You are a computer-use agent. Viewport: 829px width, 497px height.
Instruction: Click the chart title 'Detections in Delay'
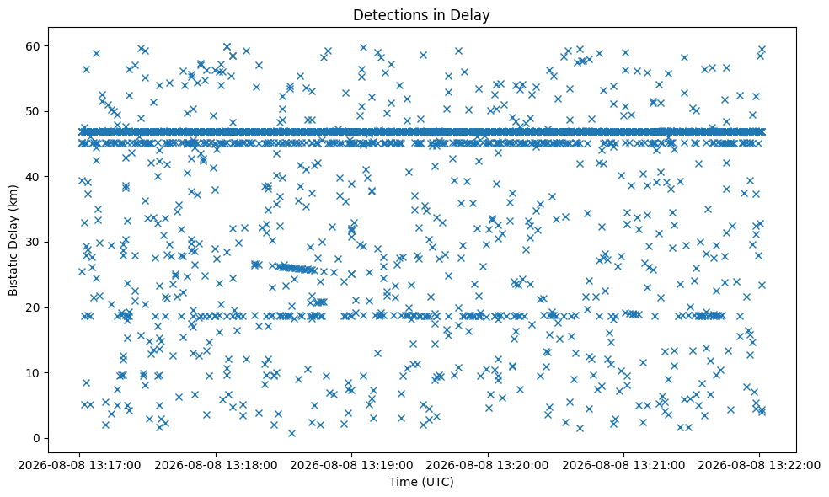[x=421, y=15]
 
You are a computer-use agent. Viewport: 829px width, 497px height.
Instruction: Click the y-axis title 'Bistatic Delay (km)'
[x=13, y=240]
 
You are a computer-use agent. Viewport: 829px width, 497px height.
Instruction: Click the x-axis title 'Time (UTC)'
[x=421, y=482]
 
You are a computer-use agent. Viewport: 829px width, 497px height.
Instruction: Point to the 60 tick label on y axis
[x=34, y=46]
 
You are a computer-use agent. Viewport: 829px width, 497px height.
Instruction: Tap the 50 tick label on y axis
[x=34, y=111]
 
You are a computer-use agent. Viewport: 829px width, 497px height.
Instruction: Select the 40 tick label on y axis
[x=34, y=177]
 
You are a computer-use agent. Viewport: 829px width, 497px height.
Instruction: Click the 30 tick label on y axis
[x=34, y=242]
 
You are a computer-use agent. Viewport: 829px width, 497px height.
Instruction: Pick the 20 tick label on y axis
[x=34, y=307]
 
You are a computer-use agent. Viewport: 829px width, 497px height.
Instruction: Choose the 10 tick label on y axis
[x=34, y=372]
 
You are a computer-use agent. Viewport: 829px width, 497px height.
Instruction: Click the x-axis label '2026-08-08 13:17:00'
[x=79, y=466]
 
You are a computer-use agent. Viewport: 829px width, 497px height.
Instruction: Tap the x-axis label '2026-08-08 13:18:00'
[x=216, y=466]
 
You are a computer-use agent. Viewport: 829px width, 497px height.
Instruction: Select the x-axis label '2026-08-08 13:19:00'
[x=351, y=466]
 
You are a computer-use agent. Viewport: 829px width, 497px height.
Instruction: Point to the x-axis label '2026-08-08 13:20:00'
[x=488, y=466]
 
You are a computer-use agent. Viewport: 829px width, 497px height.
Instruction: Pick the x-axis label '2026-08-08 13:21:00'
[x=623, y=466]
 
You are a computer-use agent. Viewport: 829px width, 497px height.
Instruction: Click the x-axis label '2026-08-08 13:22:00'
[x=759, y=466]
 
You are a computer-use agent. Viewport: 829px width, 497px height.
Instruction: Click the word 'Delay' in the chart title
[x=470, y=15]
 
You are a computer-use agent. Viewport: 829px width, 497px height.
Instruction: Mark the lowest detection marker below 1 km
[x=291, y=433]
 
